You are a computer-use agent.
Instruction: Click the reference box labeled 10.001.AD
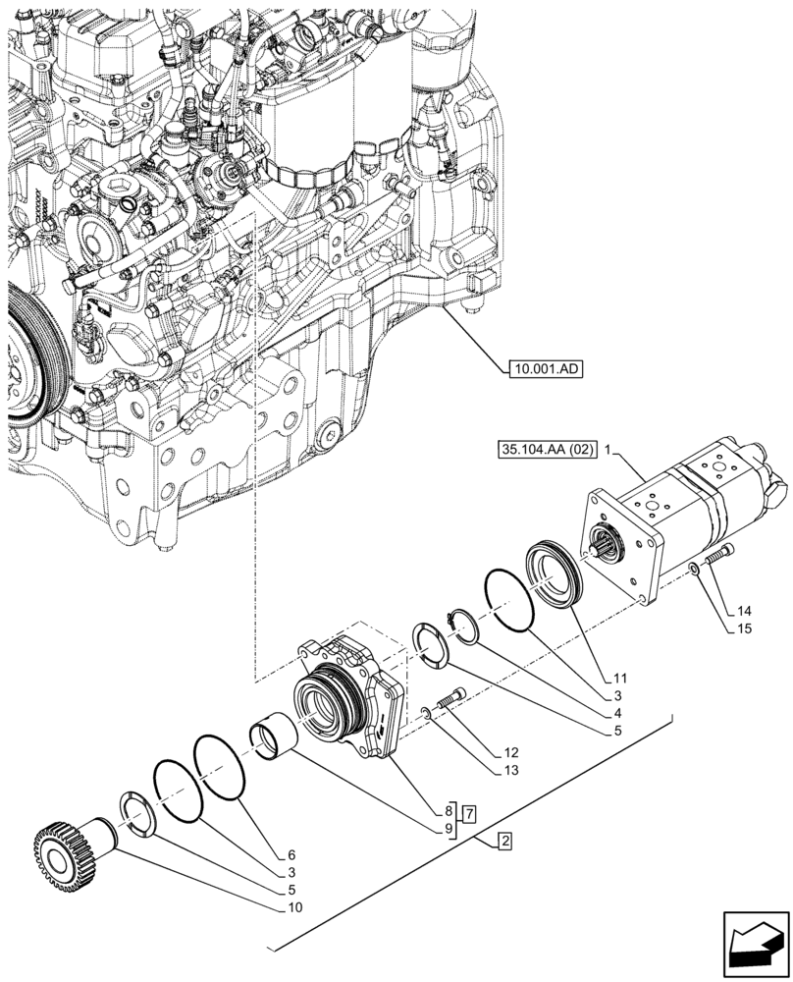click(545, 369)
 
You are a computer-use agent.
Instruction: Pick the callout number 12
click(510, 752)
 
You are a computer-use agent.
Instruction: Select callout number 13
click(510, 771)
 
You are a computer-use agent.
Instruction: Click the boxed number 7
click(471, 812)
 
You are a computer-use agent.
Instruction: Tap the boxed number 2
click(503, 841)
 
